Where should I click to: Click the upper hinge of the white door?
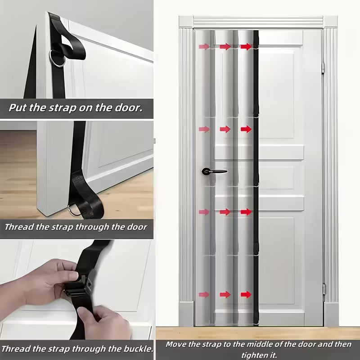coord(324,67)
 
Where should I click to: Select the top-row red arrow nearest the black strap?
coord(246,46)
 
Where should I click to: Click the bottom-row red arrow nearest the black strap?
coord(246,294)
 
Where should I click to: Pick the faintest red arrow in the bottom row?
coord(204,294)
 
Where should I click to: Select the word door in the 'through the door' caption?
coord(135,227)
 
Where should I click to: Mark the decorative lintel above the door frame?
coord(258,21)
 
